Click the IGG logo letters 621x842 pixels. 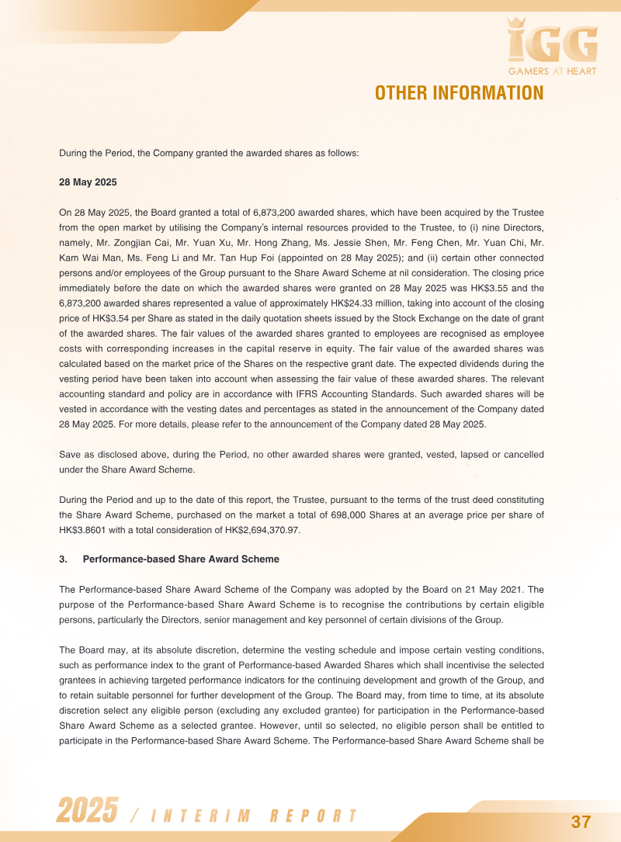(x=552, y=43)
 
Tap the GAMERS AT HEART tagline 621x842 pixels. (x=552, y=72)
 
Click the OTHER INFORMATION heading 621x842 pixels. (x=459, y=93)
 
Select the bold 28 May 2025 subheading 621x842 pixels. (x=88, y=182)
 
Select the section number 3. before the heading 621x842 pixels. (x=64, y=559)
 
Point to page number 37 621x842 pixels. (x=581, y=822)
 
